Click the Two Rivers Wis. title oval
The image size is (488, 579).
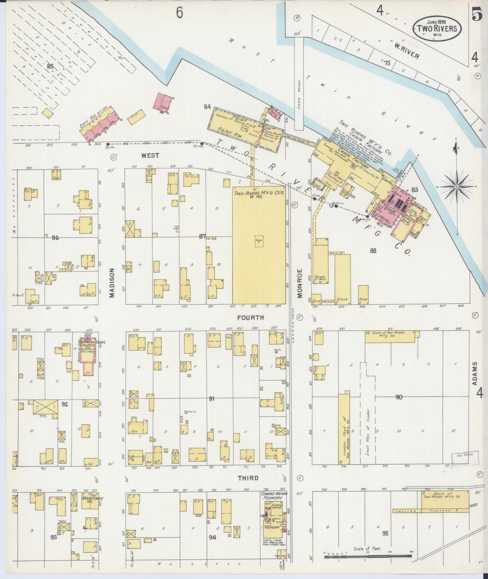pos(436,28)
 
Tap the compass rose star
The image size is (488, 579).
pos(457,186)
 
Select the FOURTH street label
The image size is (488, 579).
pos(250,318)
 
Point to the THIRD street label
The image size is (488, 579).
pos(248,478)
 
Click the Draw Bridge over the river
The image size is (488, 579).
pos(299,91)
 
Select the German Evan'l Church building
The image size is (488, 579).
pos(87,355)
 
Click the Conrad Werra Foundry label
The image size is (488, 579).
pos(274,496)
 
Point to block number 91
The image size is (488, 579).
pos(212,399)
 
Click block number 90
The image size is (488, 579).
pos(399,397)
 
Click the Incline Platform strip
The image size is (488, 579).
pos(431,511)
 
